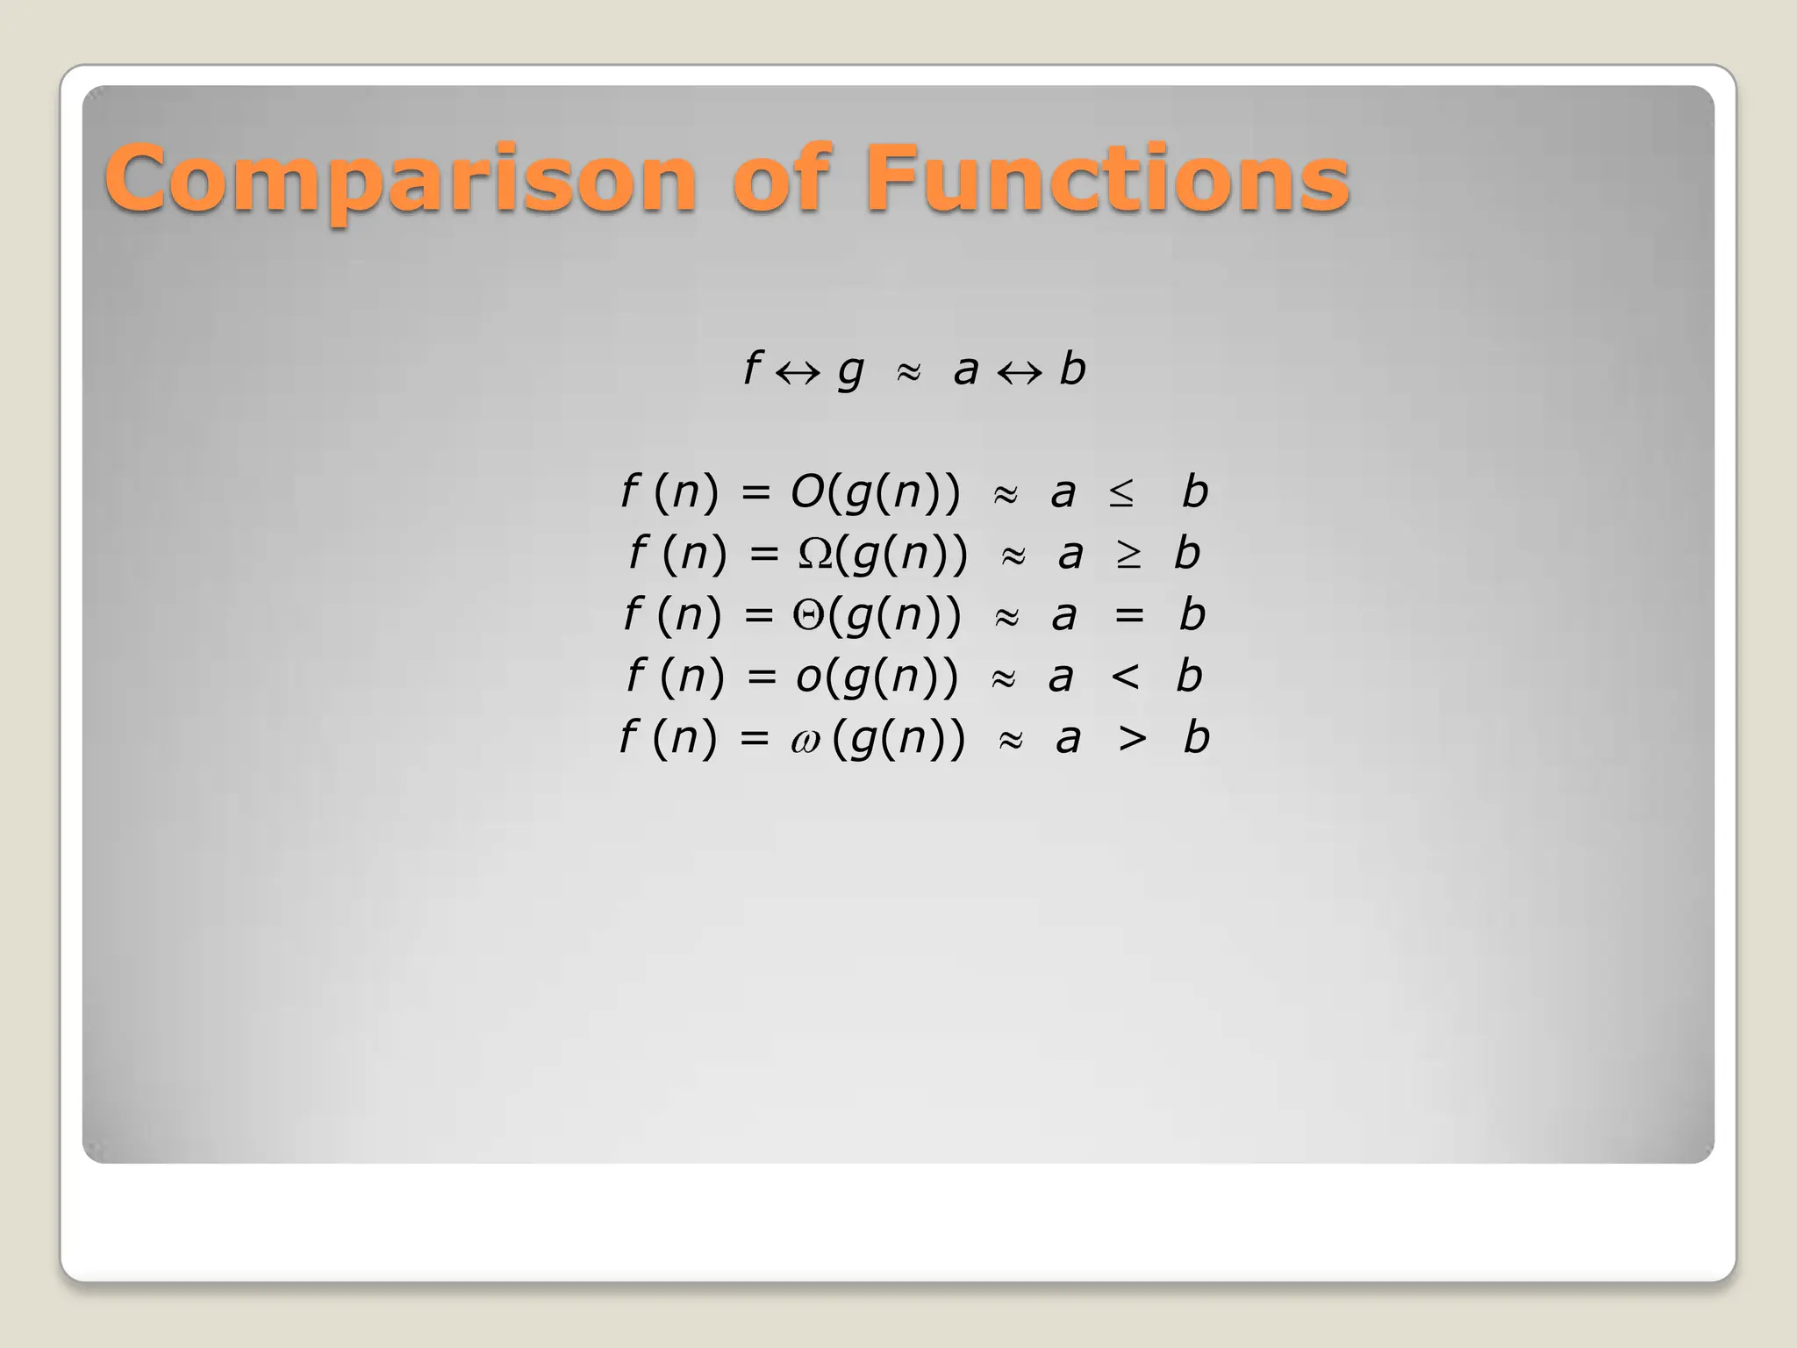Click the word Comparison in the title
[x=400, y=180]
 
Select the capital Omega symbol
[x=815, y=554]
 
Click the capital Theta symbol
[x=809, y=614]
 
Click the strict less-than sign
[x=1125, y=677]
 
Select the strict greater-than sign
[x=1132, y=738]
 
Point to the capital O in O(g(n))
[x=807, y=491]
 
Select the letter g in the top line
[x=850, y=371]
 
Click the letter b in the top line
[x=1072, y=368]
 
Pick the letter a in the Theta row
[x=1063, y=617]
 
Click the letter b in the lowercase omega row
[x=1196, y=736]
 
